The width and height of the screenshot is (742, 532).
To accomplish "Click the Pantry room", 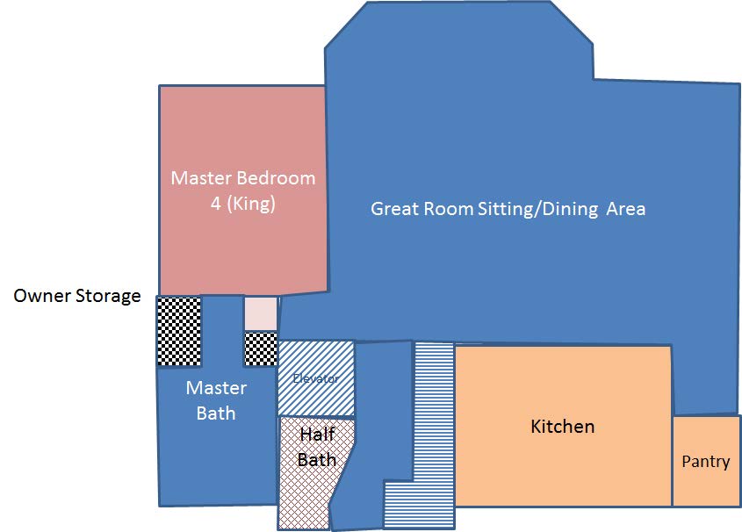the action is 706,461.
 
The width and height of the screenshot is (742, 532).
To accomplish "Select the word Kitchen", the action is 562,427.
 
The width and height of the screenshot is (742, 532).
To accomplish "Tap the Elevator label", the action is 315,378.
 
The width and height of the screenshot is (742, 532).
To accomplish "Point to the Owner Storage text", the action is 77,296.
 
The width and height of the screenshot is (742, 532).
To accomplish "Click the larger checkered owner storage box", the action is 179,331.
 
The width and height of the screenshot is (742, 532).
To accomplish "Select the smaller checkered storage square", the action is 261,349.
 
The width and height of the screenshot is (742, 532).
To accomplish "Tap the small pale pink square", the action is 261,313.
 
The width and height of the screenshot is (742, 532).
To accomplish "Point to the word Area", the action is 626,209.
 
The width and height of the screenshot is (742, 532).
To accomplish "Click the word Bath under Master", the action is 216,413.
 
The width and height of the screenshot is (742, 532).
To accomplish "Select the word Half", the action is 318,434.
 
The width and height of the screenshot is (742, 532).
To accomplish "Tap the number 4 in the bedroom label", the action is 216,204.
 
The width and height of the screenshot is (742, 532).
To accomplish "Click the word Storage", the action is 108,297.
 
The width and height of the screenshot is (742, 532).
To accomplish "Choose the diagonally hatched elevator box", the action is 316,378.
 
